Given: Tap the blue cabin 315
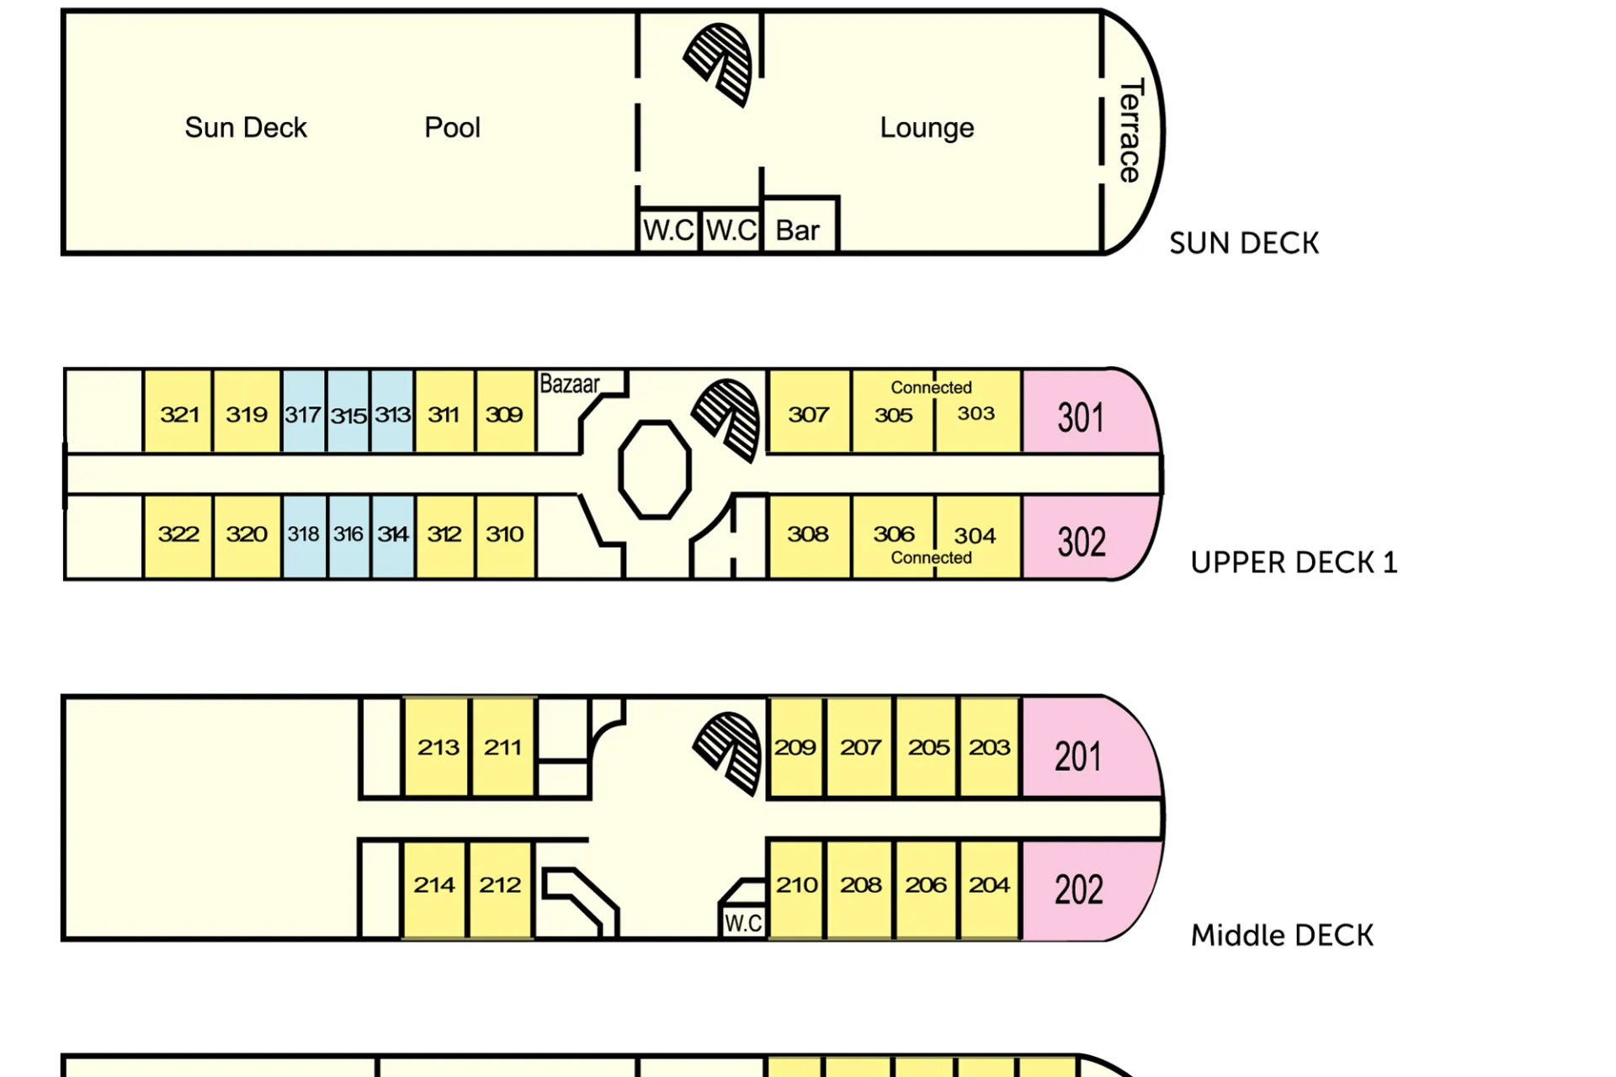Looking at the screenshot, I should pyautogui.click(x=348, y=415).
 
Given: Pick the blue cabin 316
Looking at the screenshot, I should pyautogui.click(x=348, y=534).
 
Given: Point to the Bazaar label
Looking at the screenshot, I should pyautogui.click(x=570, y=385).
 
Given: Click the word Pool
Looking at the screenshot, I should pyautogui.click(x=452, y=128).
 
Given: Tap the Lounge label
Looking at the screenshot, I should pyautogui.click(x=927, y=128).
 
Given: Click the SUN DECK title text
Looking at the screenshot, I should pyautogui.click(x=1244, y=243).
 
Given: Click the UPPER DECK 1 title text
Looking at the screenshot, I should pyautogui.click(x=1294, y=562).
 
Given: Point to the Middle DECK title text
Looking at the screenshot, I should pyautogui.click(x=1282, y=935).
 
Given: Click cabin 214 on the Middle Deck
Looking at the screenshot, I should pyautogui.click(x=434, y=885).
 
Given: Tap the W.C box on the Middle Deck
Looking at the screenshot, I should pyautogui.click(x=743, y=922).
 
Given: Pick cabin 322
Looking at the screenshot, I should pyautogui.click(x=178, y=534).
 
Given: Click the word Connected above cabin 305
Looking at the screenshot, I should pyautogui.click(x=931, y=388).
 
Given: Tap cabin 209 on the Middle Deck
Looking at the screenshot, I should pyautogui.click(x=795, y=747).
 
